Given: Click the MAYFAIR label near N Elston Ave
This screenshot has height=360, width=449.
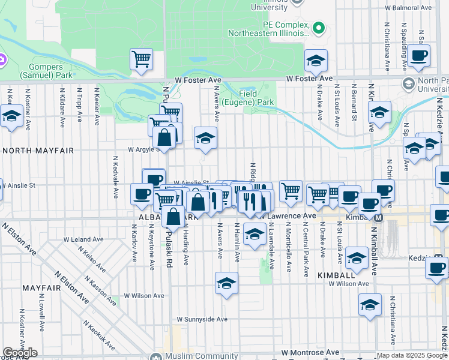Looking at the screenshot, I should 38,288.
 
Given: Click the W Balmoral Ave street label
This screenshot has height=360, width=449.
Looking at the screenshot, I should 408,8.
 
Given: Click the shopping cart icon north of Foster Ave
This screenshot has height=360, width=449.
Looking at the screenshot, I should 141,59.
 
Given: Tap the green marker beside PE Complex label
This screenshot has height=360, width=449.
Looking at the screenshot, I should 319,28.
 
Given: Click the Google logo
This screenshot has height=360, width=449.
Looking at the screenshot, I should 20,353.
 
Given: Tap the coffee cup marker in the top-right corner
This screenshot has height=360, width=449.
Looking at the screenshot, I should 420,57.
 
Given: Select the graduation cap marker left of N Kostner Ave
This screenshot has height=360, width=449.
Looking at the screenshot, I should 11,116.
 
